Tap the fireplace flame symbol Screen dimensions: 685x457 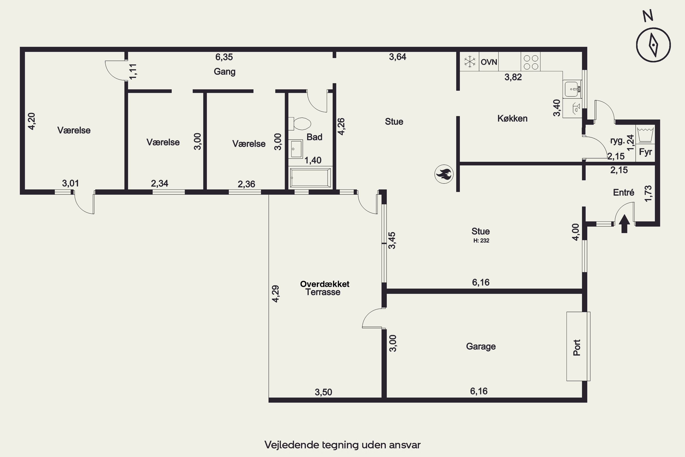click(444, 174)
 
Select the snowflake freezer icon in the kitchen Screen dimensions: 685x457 click(469, 62)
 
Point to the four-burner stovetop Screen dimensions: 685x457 click(531, 62)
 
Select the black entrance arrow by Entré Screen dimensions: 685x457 click(624, 223)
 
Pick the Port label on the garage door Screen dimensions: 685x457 click(577, 347)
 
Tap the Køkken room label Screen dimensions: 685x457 click(512, 119)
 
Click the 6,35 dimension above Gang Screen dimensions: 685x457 click(224, 57)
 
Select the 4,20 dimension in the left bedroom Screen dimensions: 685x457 click(32, 121)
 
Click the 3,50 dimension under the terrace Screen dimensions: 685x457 click(323, 392)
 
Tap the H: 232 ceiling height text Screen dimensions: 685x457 click(481, 240)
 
